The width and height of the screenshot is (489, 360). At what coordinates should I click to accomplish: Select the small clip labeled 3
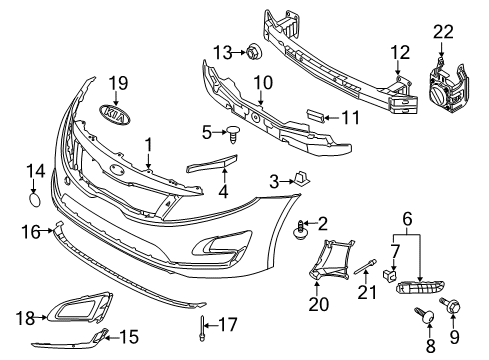click(301, 179)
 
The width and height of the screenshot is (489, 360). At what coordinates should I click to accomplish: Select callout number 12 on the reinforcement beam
click(400, 51)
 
